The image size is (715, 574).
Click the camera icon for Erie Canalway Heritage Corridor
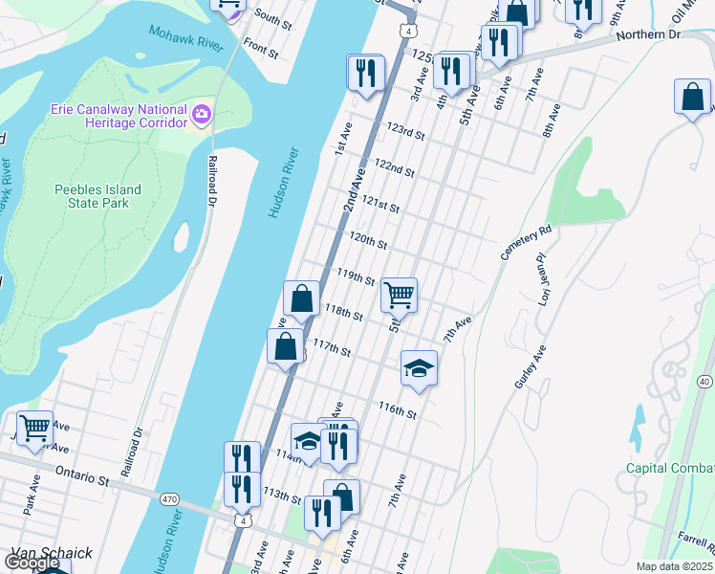[202, 116]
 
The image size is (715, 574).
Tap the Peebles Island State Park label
[97, 196]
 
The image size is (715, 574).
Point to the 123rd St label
[404, 129]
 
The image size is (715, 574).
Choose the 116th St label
[397, 409]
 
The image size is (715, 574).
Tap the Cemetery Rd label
[527, 243]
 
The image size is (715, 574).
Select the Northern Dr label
[646, 34]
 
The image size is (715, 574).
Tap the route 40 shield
[704, 382]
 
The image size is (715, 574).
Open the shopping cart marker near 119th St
[398, 295]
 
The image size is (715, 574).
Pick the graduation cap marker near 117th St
[418, 368]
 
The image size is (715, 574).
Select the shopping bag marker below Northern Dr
[692, 97]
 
